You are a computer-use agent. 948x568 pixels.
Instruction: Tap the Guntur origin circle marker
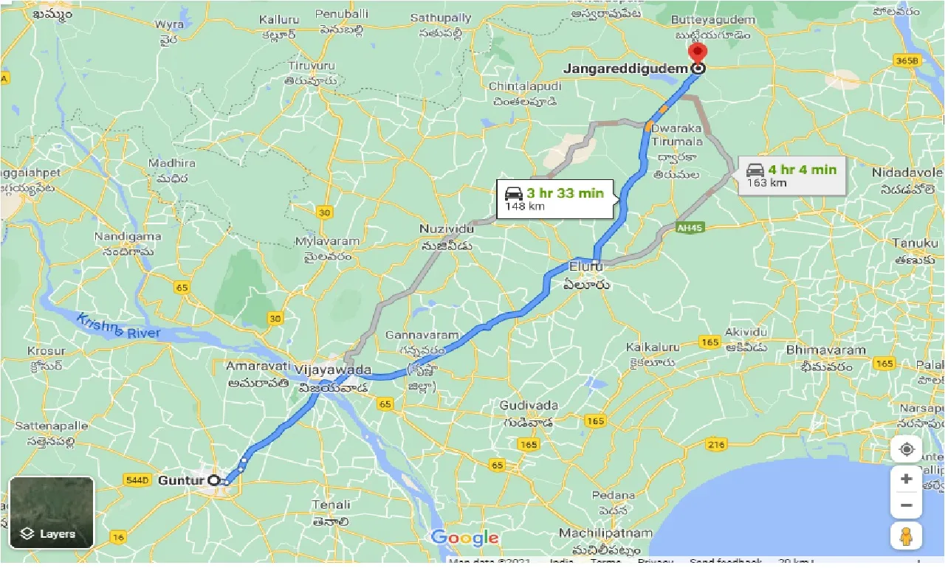[x=214, y=480]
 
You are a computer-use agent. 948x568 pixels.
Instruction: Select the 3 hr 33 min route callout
[x=555, y=199]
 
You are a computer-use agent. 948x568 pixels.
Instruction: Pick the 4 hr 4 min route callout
[x=792, y=176]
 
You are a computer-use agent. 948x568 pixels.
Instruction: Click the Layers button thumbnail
[x=52, y=513]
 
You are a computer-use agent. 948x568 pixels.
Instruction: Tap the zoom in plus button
[x=906, y=479]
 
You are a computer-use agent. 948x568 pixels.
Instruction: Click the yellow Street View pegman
[x=906, y=536]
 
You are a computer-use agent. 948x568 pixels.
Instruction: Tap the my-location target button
[x=906, y=448]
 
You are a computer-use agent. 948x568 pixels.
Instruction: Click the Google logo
[x=464, y=538]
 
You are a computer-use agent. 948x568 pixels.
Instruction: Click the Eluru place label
[x=586, y=266]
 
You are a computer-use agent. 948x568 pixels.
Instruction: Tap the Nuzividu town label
[x=444, y=229]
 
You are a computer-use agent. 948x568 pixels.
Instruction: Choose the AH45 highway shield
[x=690, y=228]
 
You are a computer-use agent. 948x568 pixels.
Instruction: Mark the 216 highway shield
[x=715, y=444]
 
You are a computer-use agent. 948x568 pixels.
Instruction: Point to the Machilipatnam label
[x=605, y=533]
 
